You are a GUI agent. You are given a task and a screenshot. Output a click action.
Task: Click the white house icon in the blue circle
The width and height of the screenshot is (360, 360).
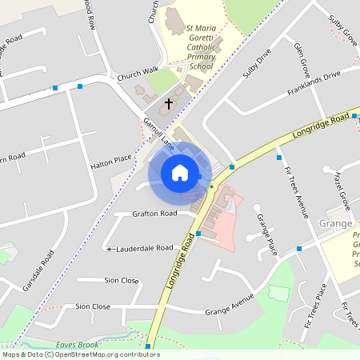pos(180,173)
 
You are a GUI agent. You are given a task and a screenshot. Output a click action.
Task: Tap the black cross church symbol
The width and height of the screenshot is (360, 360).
pos(169,104)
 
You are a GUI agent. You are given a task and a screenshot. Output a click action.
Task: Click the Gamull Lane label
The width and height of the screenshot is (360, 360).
pos(158,133)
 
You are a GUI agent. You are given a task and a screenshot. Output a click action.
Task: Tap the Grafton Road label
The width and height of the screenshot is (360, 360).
pos(155,214)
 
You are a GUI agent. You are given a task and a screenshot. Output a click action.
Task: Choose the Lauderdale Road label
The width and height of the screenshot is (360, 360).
pos(145,248)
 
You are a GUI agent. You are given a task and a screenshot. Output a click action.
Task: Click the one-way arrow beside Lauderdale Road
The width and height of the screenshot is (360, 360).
pos(110,249)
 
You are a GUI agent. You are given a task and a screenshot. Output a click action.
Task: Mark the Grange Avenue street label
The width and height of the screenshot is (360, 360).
pos(229,306)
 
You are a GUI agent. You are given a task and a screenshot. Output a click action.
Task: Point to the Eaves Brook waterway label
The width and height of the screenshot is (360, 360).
pos(77,345)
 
